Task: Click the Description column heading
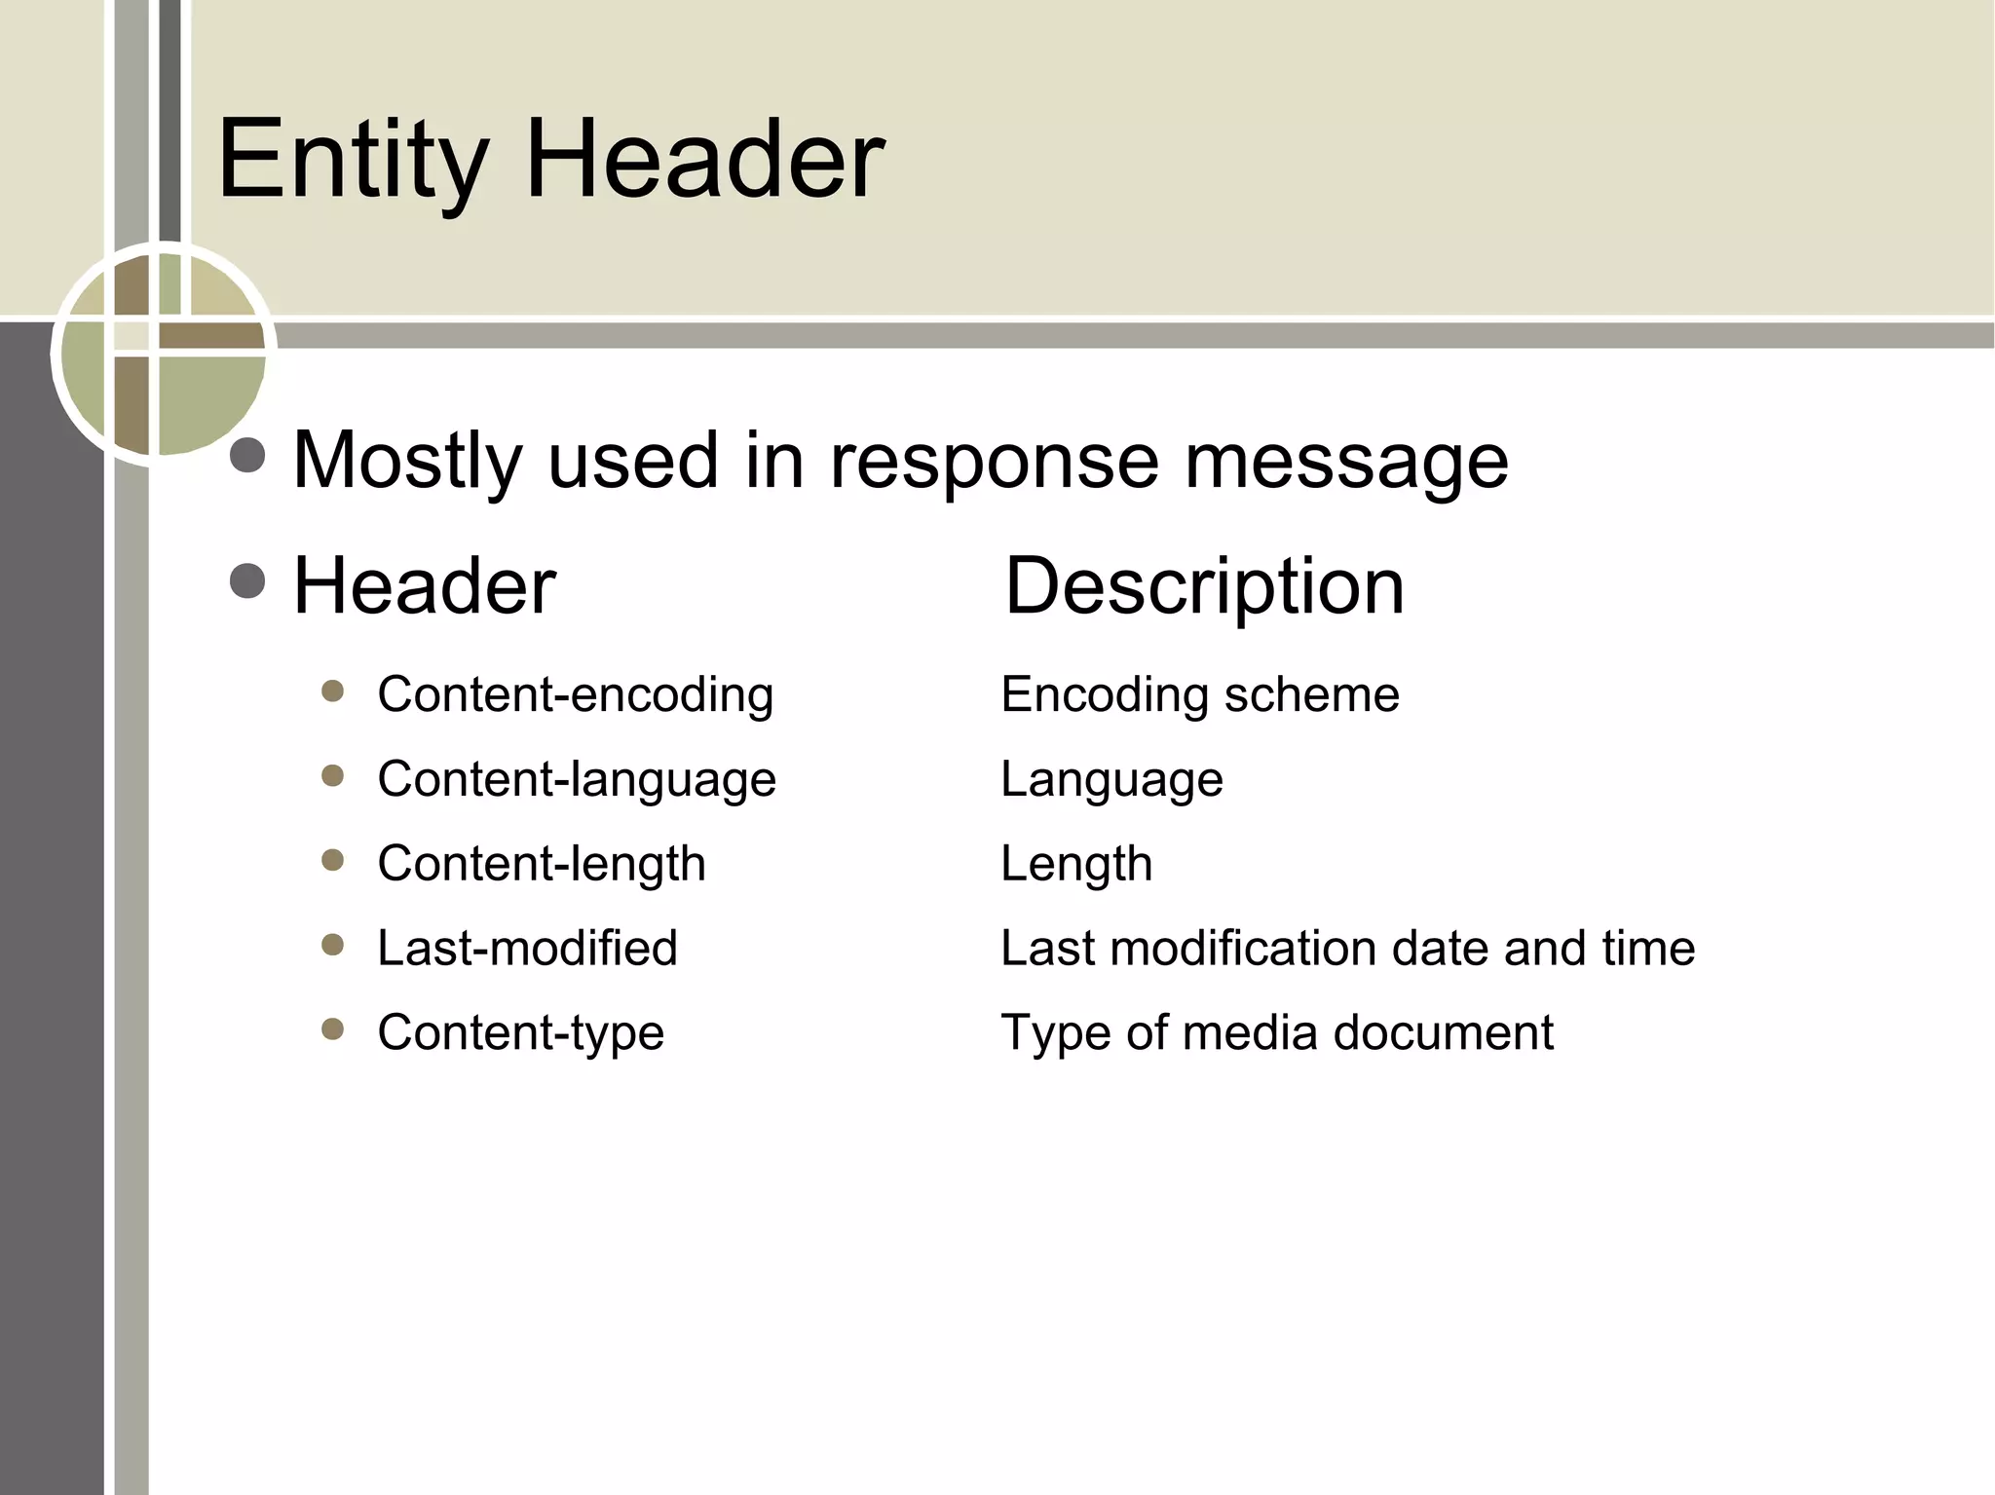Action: (x=1204, y=586)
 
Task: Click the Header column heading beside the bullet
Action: (x=425, y=586)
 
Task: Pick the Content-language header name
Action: (x=577, y=780)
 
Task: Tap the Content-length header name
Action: (x=542, y=864)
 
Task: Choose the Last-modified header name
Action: (x=527, y=948)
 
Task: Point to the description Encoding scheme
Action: (x=1199, y=695)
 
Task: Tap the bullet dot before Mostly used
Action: (x=248, y=456)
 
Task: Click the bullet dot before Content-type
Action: (x=333, y=1029)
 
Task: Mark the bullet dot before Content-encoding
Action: (x=333, y=691)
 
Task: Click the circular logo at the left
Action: (x=163, y=354)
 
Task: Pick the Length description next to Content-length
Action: (x=1076, y=864)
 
